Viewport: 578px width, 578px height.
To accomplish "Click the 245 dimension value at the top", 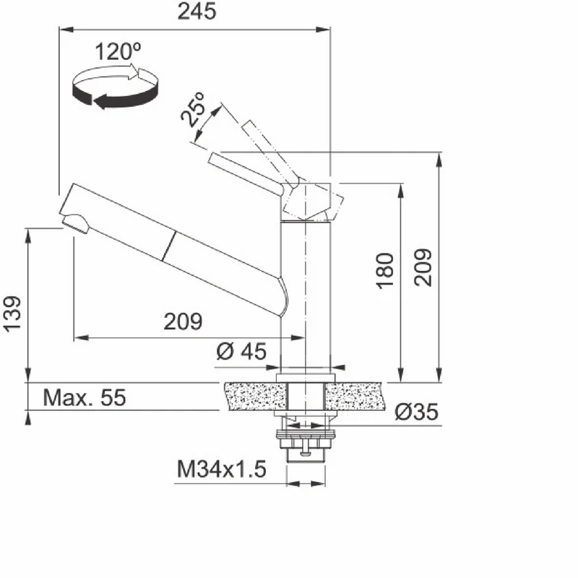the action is [x=197, y=12].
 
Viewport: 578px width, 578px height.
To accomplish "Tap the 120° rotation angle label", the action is [x=118, y=51].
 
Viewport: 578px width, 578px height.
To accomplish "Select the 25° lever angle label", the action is [x=193, y=110].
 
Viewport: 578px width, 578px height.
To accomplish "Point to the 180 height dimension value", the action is [x=384, y=270].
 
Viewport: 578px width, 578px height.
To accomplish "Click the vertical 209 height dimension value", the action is [x=423, y=267].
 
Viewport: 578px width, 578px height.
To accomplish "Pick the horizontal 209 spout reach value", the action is [x=184, y=322].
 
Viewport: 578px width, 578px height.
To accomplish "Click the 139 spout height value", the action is [x=12, y=314].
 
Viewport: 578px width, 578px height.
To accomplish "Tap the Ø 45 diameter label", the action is [x=241, y=351].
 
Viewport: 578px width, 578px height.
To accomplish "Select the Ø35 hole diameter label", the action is [x=417, y=412].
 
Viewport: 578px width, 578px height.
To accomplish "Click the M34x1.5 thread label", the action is [x=222, y=469].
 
